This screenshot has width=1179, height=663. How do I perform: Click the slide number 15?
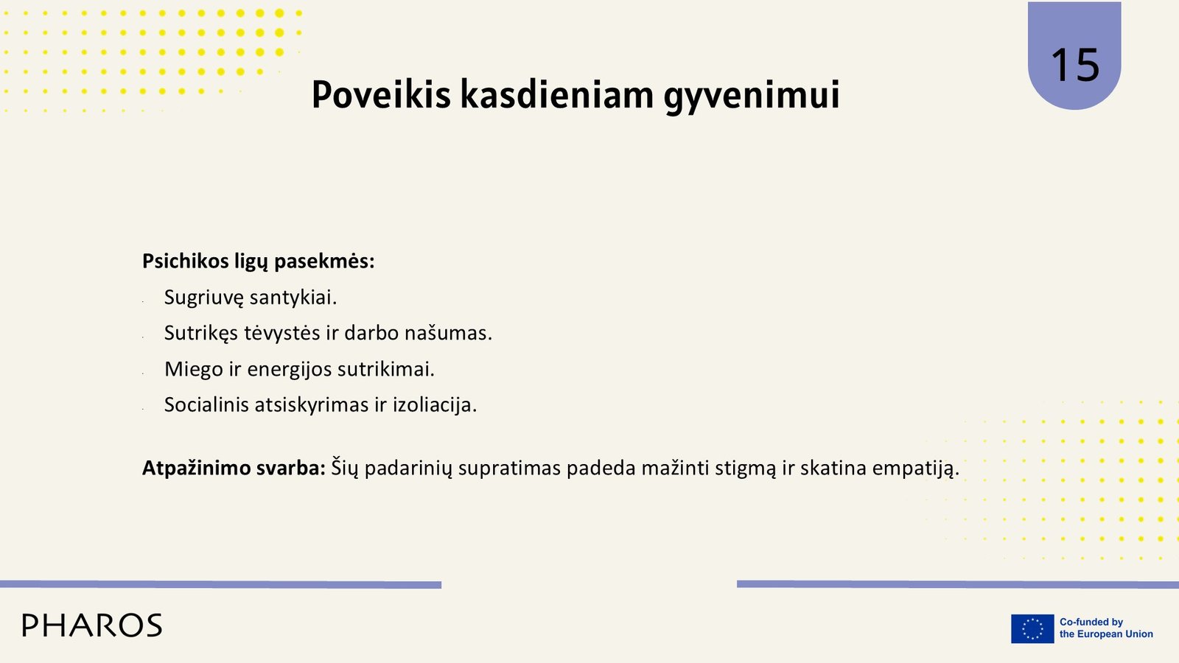[1075, 66]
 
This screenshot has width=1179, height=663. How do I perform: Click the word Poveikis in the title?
[381, 95]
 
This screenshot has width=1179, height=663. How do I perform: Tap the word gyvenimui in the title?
[752, 97]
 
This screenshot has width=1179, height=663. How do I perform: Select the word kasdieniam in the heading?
[557, 95]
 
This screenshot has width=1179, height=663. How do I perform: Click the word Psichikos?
[185, 261]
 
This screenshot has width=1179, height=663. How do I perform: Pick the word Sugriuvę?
[203, 298]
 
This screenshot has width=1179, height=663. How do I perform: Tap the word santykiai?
[293, 298]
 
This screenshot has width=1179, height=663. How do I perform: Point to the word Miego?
[194, 370]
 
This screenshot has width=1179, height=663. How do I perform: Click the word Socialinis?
[206, 404]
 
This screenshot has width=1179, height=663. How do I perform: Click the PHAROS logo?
[92, 625]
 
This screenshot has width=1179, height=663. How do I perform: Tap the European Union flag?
[1032, 628]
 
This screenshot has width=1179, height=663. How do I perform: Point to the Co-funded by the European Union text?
[1106, 628]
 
